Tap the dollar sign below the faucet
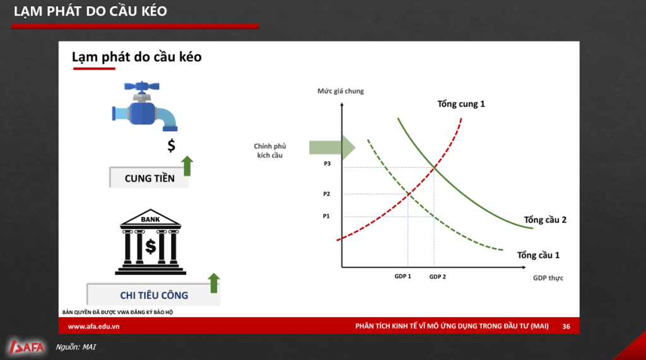coord(172,146)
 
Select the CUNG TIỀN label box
coord(149,178)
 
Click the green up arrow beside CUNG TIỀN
coord(187,166)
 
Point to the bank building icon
coord(150,241)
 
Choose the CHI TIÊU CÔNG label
coord(154,295)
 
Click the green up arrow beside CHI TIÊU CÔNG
coord(214,283)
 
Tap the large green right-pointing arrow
coord(332,148)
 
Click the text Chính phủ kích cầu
coord(270,151)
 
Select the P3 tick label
coord(327,163)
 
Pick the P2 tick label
coord(327,194)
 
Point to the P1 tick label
coord(326,216)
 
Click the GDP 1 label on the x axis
coord(403,276)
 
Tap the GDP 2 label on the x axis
coord(438,277)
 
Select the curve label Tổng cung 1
coord(461,104)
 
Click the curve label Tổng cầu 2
coord(545,220)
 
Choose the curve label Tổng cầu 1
coord(539,255)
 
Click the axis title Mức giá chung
coord(341,91)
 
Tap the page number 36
coord(567,326)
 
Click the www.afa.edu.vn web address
coord(93,326)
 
